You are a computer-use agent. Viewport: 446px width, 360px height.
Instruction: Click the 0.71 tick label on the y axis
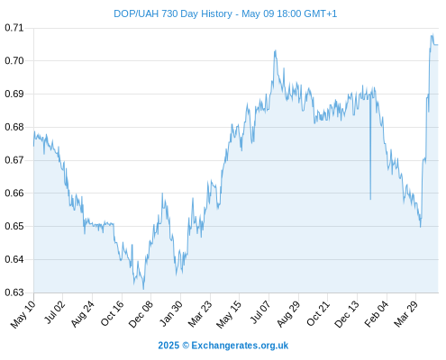click(x=14, y=28)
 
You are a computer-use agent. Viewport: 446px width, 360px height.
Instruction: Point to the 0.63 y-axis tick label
click(x=14, y=292)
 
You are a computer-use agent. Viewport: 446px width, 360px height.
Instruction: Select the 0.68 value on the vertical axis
click(x=14, y=127)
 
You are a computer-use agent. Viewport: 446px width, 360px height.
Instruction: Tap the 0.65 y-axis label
click(x=14, y=226)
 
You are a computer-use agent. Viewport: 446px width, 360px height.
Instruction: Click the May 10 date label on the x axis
click(x=23, y=314)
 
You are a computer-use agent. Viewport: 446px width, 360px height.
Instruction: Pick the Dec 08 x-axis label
click(x=141, y=314)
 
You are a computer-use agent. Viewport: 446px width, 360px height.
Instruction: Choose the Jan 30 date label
click(x=170, y=314)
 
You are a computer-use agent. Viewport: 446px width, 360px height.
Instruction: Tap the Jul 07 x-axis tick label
click(x=260, y=313)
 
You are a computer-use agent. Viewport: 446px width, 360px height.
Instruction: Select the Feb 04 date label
click(x=377, y=314)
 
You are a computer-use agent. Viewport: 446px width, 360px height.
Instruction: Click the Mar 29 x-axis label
click(x=406, y=314)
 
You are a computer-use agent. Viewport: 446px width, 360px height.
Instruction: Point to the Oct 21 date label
click(x=318, y=314)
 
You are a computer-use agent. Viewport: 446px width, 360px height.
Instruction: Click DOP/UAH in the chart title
click(x=136, y=14)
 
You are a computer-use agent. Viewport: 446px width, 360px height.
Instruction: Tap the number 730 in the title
click(x=169, y=14)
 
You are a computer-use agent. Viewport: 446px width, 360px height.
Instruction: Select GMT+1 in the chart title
click(x=321, y=14)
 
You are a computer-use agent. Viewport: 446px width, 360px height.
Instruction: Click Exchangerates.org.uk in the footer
click(x=240, y=346)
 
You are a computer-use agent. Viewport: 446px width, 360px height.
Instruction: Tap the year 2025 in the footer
click(x=168, y=346)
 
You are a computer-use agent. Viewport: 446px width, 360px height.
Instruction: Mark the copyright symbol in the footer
click(x=186, y=346)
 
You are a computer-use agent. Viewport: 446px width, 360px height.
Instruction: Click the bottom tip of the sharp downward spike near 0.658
click(x=370, y=199)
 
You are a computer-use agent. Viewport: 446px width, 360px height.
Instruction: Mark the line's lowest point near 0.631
click(x=143, y=289)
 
